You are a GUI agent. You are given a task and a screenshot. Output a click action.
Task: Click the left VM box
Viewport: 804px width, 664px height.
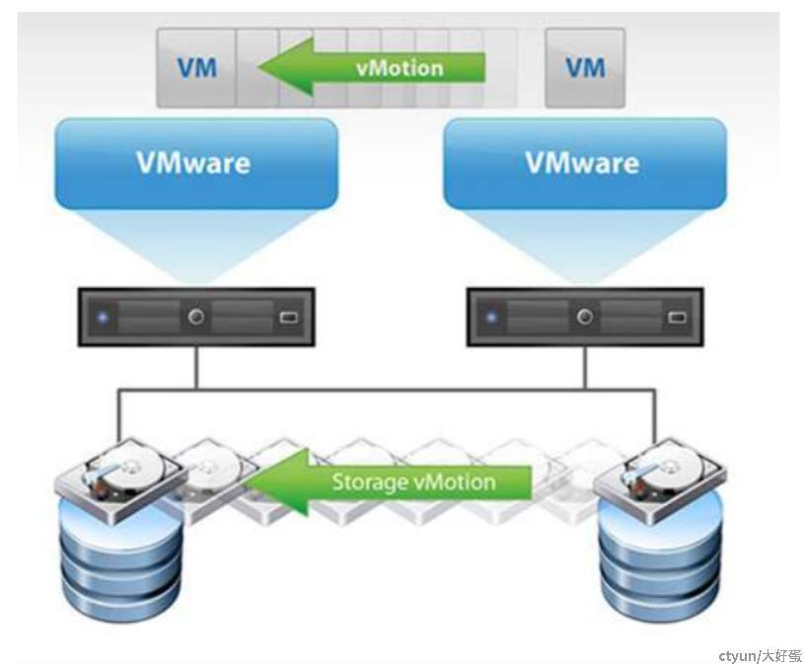[x=197, y=68]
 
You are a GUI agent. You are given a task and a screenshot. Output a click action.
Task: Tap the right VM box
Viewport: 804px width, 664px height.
[x=585, y=68]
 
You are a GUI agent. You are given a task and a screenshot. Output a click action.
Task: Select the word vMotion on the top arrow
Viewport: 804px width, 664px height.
[x=399, y=68]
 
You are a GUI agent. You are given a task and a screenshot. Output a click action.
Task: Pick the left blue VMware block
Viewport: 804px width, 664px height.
[x=195, y=163]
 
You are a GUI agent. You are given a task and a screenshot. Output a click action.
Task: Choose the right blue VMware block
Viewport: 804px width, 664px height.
[x=584, y=163]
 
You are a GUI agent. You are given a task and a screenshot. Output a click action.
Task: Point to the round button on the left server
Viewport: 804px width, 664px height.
[x=196, y=318]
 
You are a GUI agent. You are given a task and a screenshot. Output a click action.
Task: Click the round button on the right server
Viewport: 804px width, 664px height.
[x=585, y=318]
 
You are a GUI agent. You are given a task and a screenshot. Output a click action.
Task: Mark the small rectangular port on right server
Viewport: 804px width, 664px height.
[x=677, y=318]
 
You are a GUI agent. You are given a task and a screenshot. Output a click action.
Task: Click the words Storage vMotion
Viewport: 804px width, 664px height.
[x=413, y=482]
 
